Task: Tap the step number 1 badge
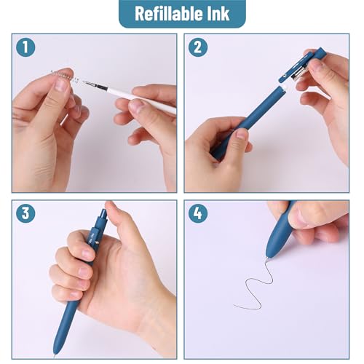(26, 48)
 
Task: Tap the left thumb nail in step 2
(241, 134)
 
